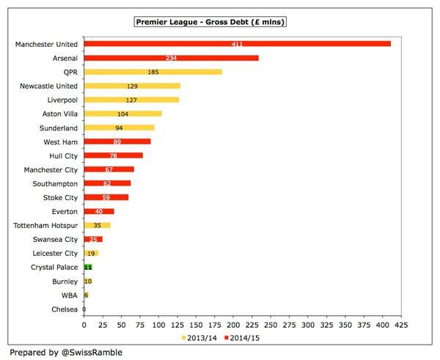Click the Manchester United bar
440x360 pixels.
coord(237,44)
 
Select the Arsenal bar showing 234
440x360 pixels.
coord(172,58)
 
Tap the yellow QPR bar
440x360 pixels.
coord(153,72)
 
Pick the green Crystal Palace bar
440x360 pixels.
coord(88,268)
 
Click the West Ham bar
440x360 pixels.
coord(117,142)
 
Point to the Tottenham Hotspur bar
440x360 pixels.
coord(97,225)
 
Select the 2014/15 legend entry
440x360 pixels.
coord(246,337)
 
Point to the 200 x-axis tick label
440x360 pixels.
coord(233,324)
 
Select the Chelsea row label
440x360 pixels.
coord(63,309)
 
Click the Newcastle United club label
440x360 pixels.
coord(48,86)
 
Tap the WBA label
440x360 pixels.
coord(69,295)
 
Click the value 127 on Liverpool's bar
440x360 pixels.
coord(132,100)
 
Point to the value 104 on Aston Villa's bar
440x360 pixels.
coord(123,114)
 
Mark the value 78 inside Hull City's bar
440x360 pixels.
coord(113,155)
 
